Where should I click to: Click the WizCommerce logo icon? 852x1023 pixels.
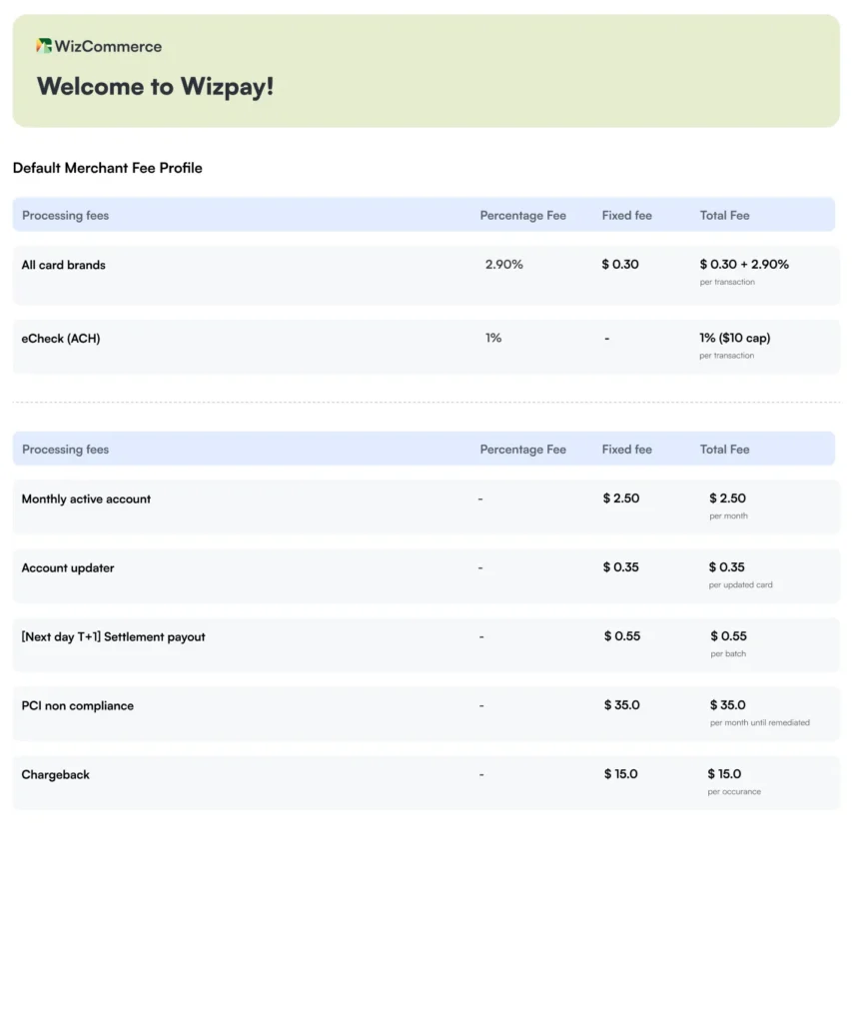(x=44, y=46)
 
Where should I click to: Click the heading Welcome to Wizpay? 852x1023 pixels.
(x=155, y=87)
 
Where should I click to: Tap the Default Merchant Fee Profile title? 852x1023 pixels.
(x=107, y=168)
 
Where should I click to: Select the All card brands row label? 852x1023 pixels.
(x=63, y=265)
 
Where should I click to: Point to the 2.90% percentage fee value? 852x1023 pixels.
(x=503, y=265)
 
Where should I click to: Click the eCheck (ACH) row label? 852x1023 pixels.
(x=61, y=339)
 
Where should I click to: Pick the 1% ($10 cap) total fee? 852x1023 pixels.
(x=734, y=338)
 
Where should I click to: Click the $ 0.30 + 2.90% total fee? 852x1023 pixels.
(x=744, y=265)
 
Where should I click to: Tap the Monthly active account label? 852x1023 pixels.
(x=86, y=500)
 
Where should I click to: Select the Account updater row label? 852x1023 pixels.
(x=68, y=568)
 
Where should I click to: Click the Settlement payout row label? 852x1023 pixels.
(x=113, y=637)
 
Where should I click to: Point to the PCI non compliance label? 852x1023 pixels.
(x=77, y=706)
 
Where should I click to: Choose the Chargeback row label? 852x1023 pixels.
(x=55, y=775)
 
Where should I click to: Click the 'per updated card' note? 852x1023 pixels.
(x=740, y=585)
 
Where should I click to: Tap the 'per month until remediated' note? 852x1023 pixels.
(x=759, y=723)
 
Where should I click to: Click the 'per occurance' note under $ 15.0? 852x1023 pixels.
(x=734, y=792)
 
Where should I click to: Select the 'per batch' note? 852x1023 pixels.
(x=728, y=654)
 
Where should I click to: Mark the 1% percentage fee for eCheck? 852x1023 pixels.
(x=493, y=339)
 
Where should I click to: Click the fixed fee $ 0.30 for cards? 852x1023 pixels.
(x=620, y=265)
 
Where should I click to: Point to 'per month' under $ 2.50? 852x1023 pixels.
(x=728, y=516)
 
